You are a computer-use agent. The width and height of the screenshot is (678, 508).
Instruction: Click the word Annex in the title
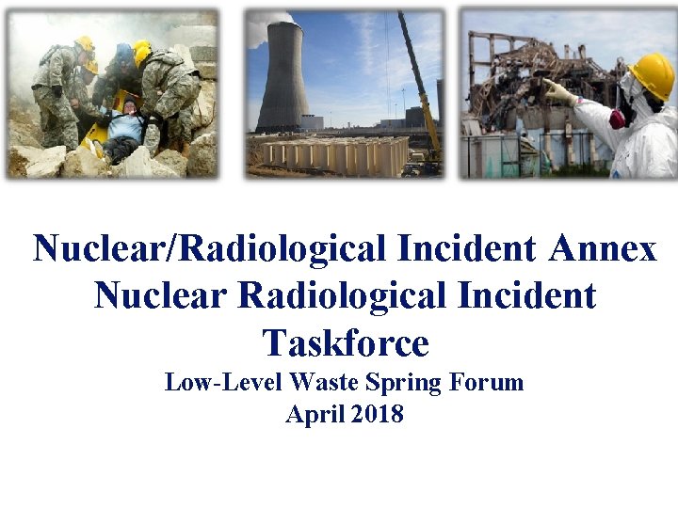coord(603,248)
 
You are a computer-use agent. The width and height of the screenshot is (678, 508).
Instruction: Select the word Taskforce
coord(346,342)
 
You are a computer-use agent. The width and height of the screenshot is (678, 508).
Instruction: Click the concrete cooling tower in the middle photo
coord(285,80)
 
